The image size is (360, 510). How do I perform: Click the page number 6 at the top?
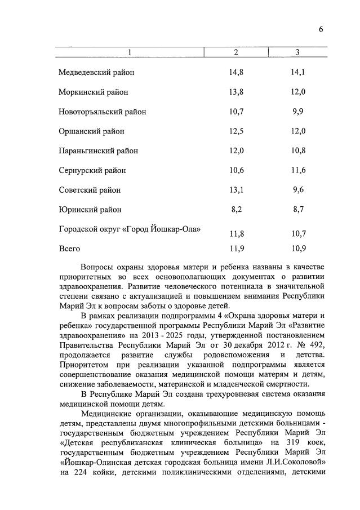coord(321,29)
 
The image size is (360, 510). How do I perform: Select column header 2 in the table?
coord(236,52)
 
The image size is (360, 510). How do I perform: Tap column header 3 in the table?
coord(297,52)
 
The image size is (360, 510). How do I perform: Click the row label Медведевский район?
coord(96,72)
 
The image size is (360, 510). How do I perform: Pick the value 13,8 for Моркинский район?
coord(237,92)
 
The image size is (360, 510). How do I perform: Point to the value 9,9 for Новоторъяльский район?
coord(298,112)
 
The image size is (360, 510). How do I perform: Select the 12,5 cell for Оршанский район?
coord(237,131)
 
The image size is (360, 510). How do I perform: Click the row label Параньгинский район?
coord(98,151)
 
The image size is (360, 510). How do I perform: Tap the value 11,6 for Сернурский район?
coord(298,170)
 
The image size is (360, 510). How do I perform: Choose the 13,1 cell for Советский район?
coord(237,190)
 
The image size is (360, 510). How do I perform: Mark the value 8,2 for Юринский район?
coord(237,210)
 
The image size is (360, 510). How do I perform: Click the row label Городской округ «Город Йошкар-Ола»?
coord(130,229)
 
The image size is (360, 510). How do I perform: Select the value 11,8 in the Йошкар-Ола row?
coord(237,233)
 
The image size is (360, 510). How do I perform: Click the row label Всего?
coord(69,249)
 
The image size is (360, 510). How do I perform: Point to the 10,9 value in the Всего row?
coord(298,249)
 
